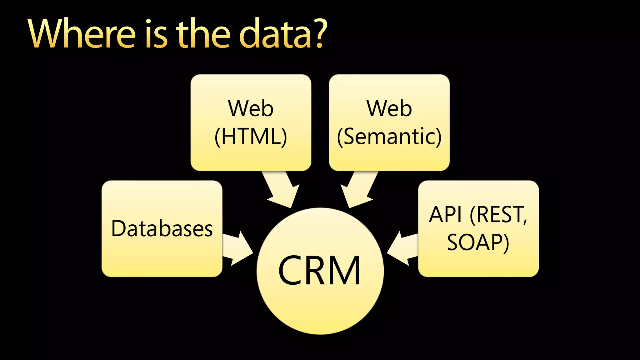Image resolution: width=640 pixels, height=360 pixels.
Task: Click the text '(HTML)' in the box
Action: point(251,137)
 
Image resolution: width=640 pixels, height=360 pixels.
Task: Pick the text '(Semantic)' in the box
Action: point(389,137)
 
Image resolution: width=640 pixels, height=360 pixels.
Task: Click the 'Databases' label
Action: point(162,228)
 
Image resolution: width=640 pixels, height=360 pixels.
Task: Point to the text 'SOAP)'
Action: point(478,242)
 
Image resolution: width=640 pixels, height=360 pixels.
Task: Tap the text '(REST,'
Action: point(499,215)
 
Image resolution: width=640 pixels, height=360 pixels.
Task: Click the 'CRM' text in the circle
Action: point(319,271)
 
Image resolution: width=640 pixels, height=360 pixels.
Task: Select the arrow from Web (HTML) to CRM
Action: point(280,189)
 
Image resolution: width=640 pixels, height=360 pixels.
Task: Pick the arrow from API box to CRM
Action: point(403,249)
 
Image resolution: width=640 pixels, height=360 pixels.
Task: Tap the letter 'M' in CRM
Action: point(345,271)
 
